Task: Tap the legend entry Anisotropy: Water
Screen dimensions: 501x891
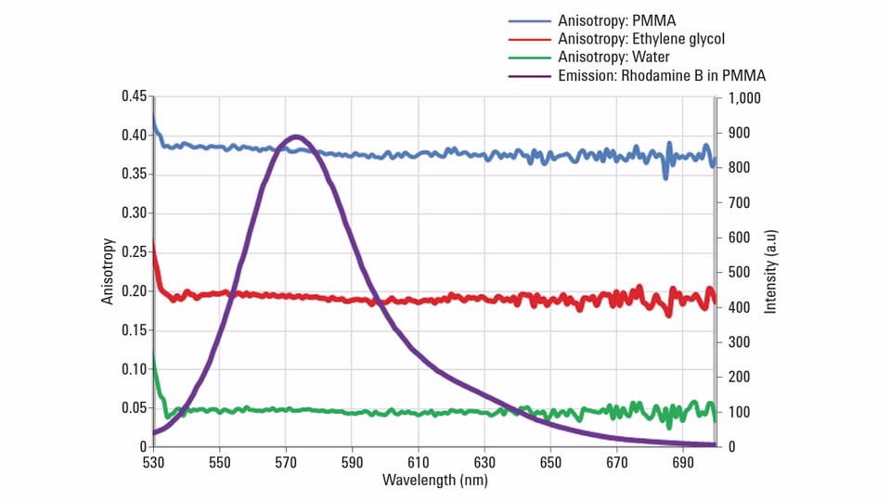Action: pos(613,58)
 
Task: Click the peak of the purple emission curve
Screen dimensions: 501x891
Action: pos(296,136)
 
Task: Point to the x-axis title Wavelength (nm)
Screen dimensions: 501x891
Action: pos(434,480)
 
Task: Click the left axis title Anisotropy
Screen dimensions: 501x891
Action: pos(108,271)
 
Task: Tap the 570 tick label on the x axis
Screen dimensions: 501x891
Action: pos(286,461)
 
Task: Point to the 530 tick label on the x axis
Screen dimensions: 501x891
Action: pos(153,461)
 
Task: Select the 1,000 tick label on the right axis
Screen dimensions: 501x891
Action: pos(743,97)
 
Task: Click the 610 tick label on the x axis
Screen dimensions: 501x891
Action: pos(418,461)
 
